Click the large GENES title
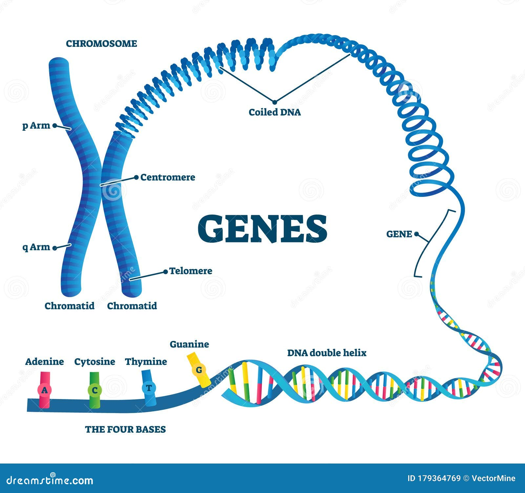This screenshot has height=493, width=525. [262, 229]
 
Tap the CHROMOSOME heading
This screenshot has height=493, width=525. [101, 44]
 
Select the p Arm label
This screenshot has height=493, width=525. [36, 125]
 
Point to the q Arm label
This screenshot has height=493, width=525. [36, 247]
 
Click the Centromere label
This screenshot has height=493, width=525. [168, 177]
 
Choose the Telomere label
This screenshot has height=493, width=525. [191, 271]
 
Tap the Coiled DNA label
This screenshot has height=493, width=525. [275, 112]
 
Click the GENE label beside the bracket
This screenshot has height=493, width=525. [399, 234]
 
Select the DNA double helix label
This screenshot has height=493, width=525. [327, 353]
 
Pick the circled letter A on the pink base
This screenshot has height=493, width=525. [45, 390]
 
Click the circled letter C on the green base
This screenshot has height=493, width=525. [95, 390]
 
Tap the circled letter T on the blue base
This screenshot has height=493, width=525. [149, 388]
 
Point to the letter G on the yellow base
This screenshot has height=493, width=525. [199, 370]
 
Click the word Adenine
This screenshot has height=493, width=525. [45, 362]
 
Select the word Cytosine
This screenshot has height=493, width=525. [94, 362]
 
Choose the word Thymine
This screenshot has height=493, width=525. [146, 362]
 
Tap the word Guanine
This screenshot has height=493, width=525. [189, 344]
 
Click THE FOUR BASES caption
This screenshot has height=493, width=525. [125, 429]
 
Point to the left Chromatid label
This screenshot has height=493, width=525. [70, 306]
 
